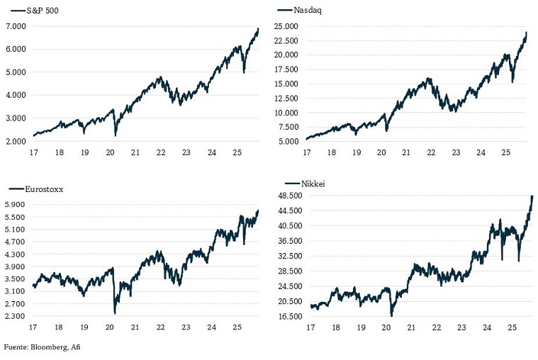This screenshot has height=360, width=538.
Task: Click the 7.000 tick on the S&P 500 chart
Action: (x=16, y=26)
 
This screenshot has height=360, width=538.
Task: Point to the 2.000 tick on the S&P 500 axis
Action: (x=16, y=141)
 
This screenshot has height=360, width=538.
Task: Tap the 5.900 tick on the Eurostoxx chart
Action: (x=16, y=204)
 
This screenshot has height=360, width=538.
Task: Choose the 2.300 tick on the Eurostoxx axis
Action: (x=16, y=316)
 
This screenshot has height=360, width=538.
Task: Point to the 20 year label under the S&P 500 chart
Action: (x=110, y=152)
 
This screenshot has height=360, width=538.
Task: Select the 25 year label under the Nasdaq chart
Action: (x=505, y=152)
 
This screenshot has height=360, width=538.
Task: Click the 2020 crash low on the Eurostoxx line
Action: (x=114, y=313)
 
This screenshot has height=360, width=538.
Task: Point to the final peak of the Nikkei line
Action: (x=532, y=196)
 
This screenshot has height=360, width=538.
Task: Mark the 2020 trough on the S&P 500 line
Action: (x=115, y=135)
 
